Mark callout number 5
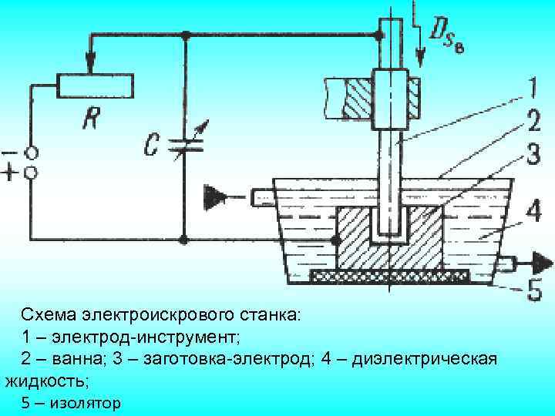[x=532, y=290]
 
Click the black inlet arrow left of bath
[x=214, y=196]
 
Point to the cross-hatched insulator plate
[x=389, y=275]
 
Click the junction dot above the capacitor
[x=186, y=35]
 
